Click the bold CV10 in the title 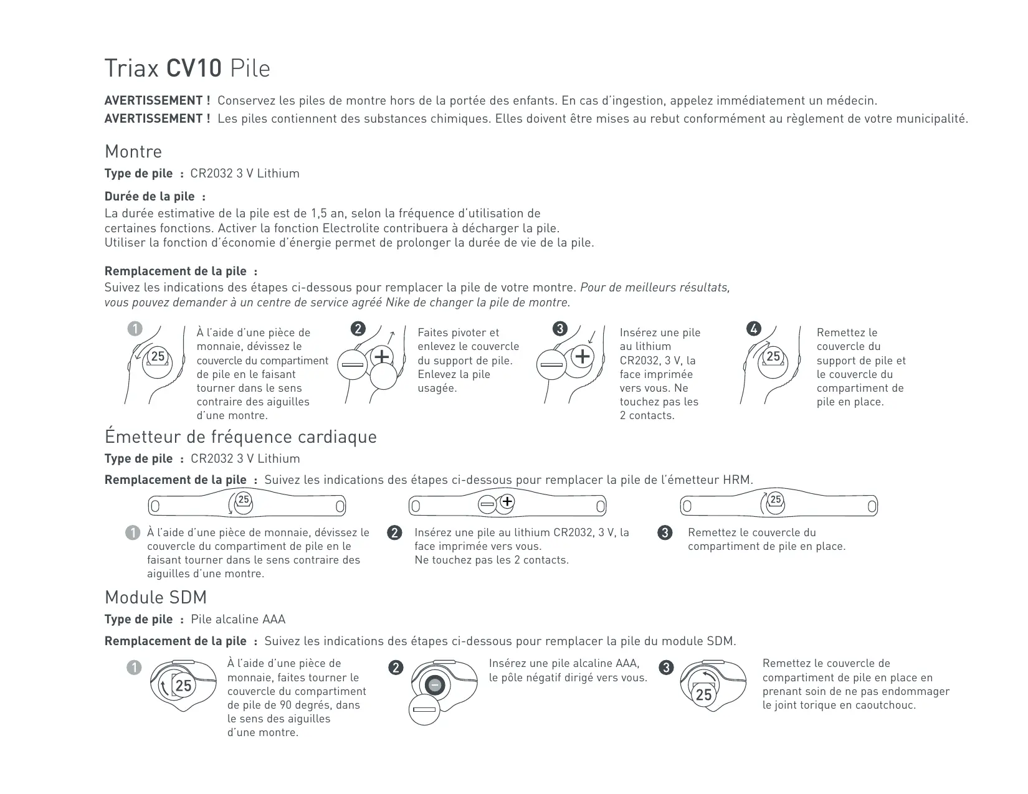194,69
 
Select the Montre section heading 133,152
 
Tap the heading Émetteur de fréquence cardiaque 240,437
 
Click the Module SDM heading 156,598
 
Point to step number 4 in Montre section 754,329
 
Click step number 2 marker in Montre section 358,329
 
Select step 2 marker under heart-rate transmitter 394,533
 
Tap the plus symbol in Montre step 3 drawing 582,357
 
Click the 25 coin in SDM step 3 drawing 704,695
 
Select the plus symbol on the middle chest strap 508,501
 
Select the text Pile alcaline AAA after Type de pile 238,620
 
